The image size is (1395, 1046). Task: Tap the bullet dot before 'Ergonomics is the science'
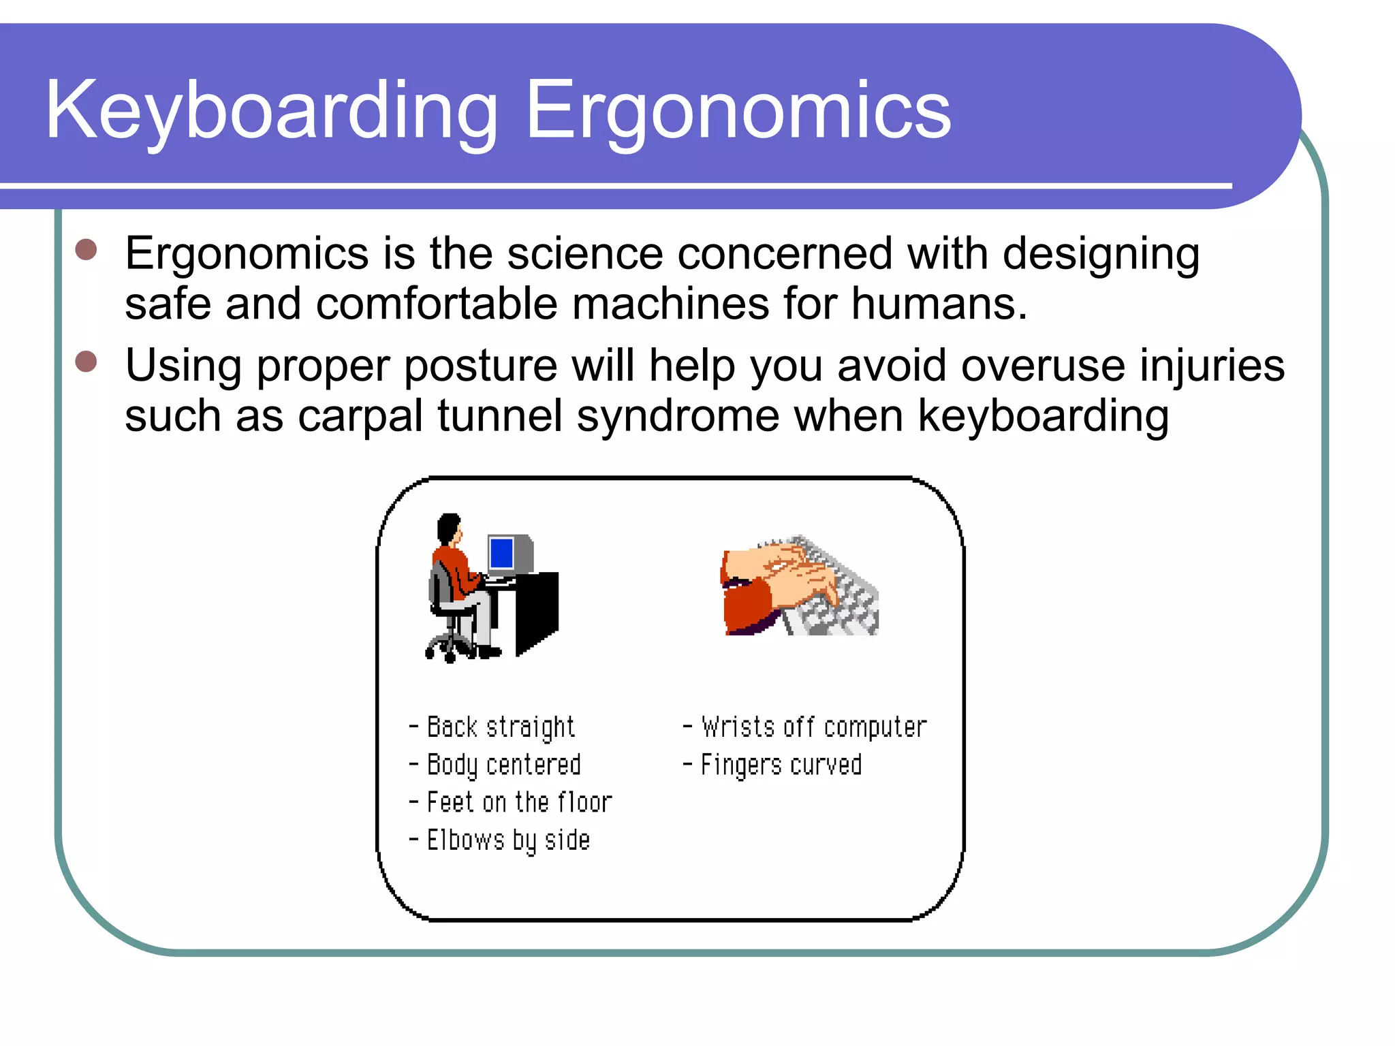pos(87,249)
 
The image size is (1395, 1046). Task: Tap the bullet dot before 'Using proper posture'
pos(87,362)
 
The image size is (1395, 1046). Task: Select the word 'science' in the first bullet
pos(584,253)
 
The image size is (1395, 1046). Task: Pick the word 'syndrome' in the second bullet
pos(678,417)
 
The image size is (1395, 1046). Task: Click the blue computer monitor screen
pos(502,553)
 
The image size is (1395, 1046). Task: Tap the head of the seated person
pos(449,528)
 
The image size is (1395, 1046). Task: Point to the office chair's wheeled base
pos(450,647)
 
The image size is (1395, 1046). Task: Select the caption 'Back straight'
pos(500,727)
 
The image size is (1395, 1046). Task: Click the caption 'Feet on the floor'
pos(518,802)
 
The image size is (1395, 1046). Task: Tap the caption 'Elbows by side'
pos(507,840)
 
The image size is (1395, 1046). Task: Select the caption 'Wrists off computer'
pos(813,727)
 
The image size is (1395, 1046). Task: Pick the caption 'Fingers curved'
pos(781,765)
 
